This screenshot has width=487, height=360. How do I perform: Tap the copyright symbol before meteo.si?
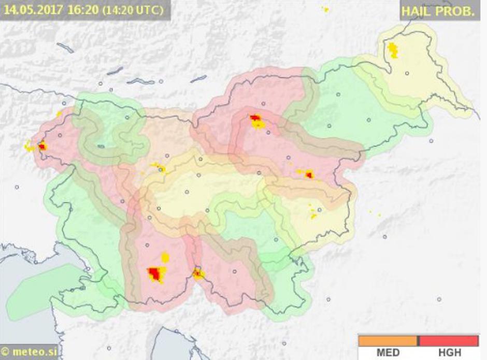[x=5, y=352]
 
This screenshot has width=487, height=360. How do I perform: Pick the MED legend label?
[x=388, y=353]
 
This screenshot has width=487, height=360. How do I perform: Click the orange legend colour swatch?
[x=388, y=341]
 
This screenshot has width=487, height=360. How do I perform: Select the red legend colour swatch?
[x=449, y=341]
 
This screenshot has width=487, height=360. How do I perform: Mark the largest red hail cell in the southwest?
[x=154, y=272]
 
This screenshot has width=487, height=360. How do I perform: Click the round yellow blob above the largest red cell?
[x=165, y=257]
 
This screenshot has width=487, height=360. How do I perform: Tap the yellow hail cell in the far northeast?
[x=393, y=50]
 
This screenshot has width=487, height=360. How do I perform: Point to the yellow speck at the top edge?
[x=325, y=9]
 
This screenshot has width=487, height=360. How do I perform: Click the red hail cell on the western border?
[x=42, y=147]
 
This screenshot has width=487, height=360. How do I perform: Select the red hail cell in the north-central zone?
[x=255, y=119]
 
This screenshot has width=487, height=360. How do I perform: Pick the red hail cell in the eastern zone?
[x=309, y=175]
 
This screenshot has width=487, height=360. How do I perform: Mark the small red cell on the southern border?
[x=197, y=273]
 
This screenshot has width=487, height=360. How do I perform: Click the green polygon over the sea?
[x=47, y=290]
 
